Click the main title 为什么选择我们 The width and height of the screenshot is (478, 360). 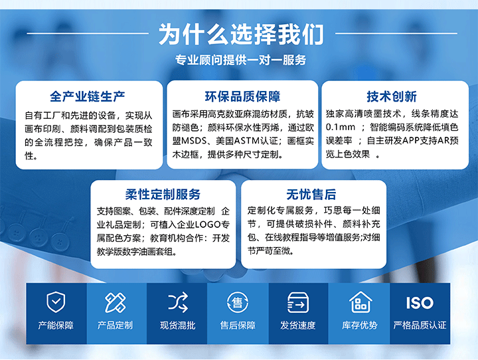[241, 34]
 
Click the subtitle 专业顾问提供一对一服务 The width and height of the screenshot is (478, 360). [240, 60]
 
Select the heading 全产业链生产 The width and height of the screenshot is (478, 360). [88, 96]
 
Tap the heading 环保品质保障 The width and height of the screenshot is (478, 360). [242, 96]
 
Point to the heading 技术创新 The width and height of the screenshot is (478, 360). [392, 96]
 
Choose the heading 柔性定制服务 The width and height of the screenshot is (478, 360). [163, 195]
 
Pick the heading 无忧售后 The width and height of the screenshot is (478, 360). [311, 195]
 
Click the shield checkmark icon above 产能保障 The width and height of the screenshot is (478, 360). [56, 302]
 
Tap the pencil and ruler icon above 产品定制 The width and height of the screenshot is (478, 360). [115, 303]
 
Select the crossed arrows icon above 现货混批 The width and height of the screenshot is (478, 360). [178, 302]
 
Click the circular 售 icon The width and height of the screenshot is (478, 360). [238, 302]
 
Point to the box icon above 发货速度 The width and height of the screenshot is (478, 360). [298, 303]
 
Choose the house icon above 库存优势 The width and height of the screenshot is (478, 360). [360, 302]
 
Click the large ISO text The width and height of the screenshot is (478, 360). [420, 303]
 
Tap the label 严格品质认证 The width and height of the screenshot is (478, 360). [420, 325]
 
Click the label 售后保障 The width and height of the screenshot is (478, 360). [238, 325]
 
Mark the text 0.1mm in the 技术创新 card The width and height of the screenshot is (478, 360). [341, 128]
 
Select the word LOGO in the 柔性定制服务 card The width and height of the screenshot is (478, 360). [208, 225]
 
